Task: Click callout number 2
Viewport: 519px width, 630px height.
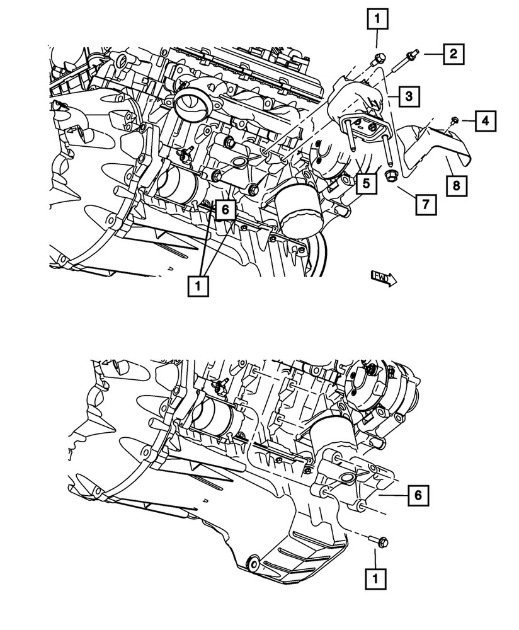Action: (453, 54)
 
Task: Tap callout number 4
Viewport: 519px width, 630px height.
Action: (485, 120)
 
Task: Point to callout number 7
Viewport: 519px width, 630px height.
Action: (425, 204)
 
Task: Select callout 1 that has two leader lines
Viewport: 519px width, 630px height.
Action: (199, 287)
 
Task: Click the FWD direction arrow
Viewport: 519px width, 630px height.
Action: (383, 277)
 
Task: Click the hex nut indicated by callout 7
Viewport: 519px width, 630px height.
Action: (388, 176)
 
